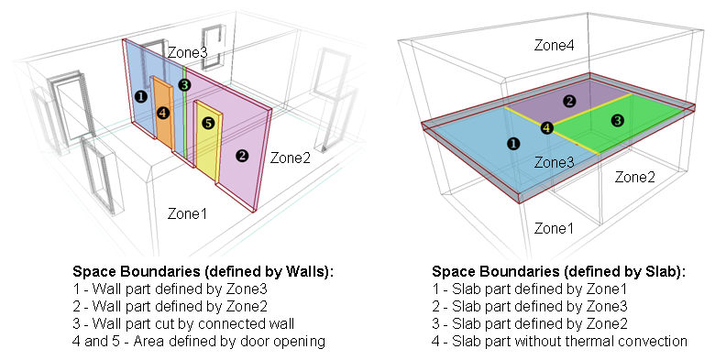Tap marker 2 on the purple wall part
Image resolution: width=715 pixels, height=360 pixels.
click(241, 155)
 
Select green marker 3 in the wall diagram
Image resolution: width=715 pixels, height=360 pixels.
click(184, 85)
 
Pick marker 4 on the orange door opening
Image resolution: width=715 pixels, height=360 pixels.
click(162, 113)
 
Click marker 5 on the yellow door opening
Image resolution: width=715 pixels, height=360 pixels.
click(207, 123)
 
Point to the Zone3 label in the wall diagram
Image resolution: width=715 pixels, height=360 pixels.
click(187, 52)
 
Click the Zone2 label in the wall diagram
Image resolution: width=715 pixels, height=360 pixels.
click(290, 158)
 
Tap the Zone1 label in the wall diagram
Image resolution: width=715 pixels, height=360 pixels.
click(187, 213)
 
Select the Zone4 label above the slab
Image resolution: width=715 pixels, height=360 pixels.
click(556, 44)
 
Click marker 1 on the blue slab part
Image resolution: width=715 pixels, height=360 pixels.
click(512, 143)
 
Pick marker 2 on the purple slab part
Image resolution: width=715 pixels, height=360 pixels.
click(569, 101)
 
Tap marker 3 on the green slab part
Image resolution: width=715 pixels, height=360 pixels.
click(617, 120)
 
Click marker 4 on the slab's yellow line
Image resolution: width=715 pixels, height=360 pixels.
click(546, 128)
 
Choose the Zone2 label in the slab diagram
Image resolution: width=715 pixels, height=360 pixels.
click(633, 176)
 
